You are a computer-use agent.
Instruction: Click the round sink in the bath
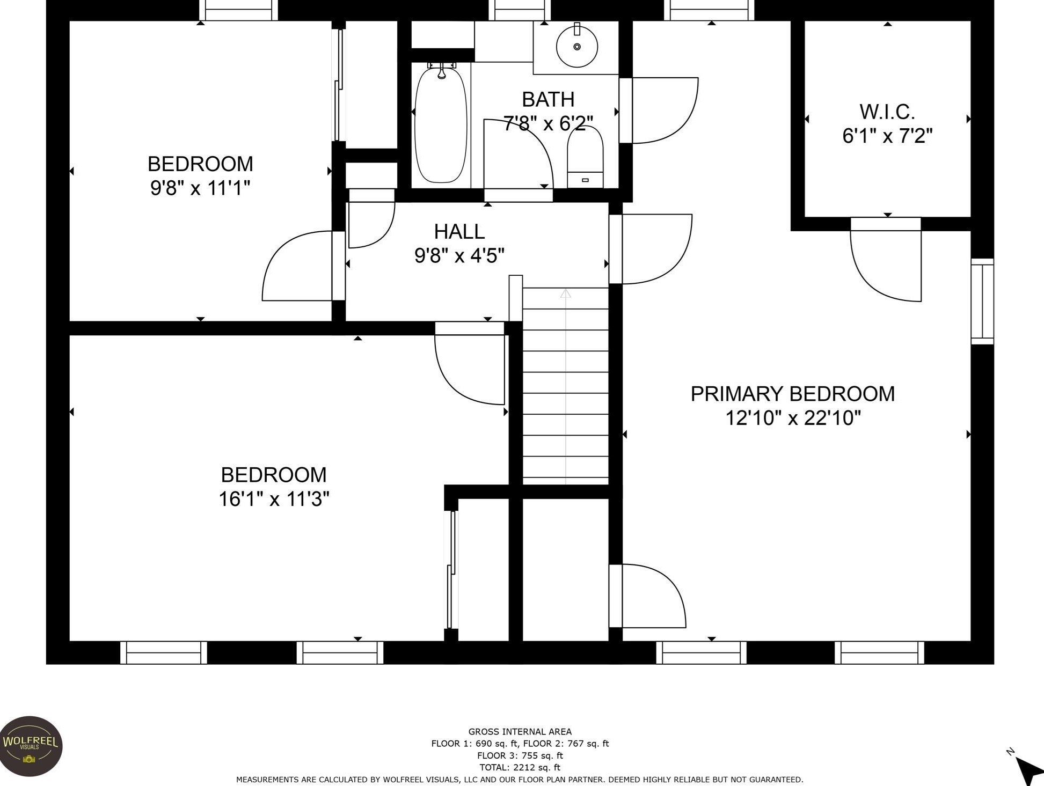click(x=577, y=47)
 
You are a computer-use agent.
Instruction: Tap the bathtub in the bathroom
click(x=441, y=124)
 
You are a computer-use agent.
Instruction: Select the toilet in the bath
click(x=585, y=156)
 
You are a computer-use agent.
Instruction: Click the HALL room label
click(x=459, y=231)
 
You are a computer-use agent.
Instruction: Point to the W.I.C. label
click(x=887, y=112)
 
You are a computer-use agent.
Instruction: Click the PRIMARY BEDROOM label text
click(x=792, y=394)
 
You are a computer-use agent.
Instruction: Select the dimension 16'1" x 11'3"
click(x=274, y=499)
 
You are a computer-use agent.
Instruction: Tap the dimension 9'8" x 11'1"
click(x=200, y=188)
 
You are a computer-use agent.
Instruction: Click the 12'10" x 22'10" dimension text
click(x=793, y=417)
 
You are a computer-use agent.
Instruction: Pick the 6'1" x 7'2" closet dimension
click(x=887, y=136)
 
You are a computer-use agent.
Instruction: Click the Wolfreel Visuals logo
click(x=31, y=746)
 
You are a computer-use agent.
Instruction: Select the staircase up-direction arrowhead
click(x=566, y=293)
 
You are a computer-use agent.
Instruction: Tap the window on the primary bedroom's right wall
click(x=982, y=301)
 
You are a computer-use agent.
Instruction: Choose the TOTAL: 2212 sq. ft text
click(x=520, y=767)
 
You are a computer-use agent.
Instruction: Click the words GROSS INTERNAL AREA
click(x=520, y=731)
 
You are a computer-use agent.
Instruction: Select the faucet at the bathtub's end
click(x=441, y=70)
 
